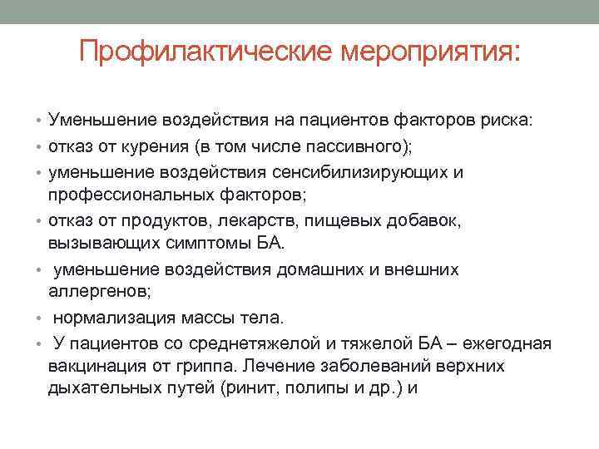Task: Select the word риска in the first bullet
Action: pos(516,121)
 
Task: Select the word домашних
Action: pos(334,270)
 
